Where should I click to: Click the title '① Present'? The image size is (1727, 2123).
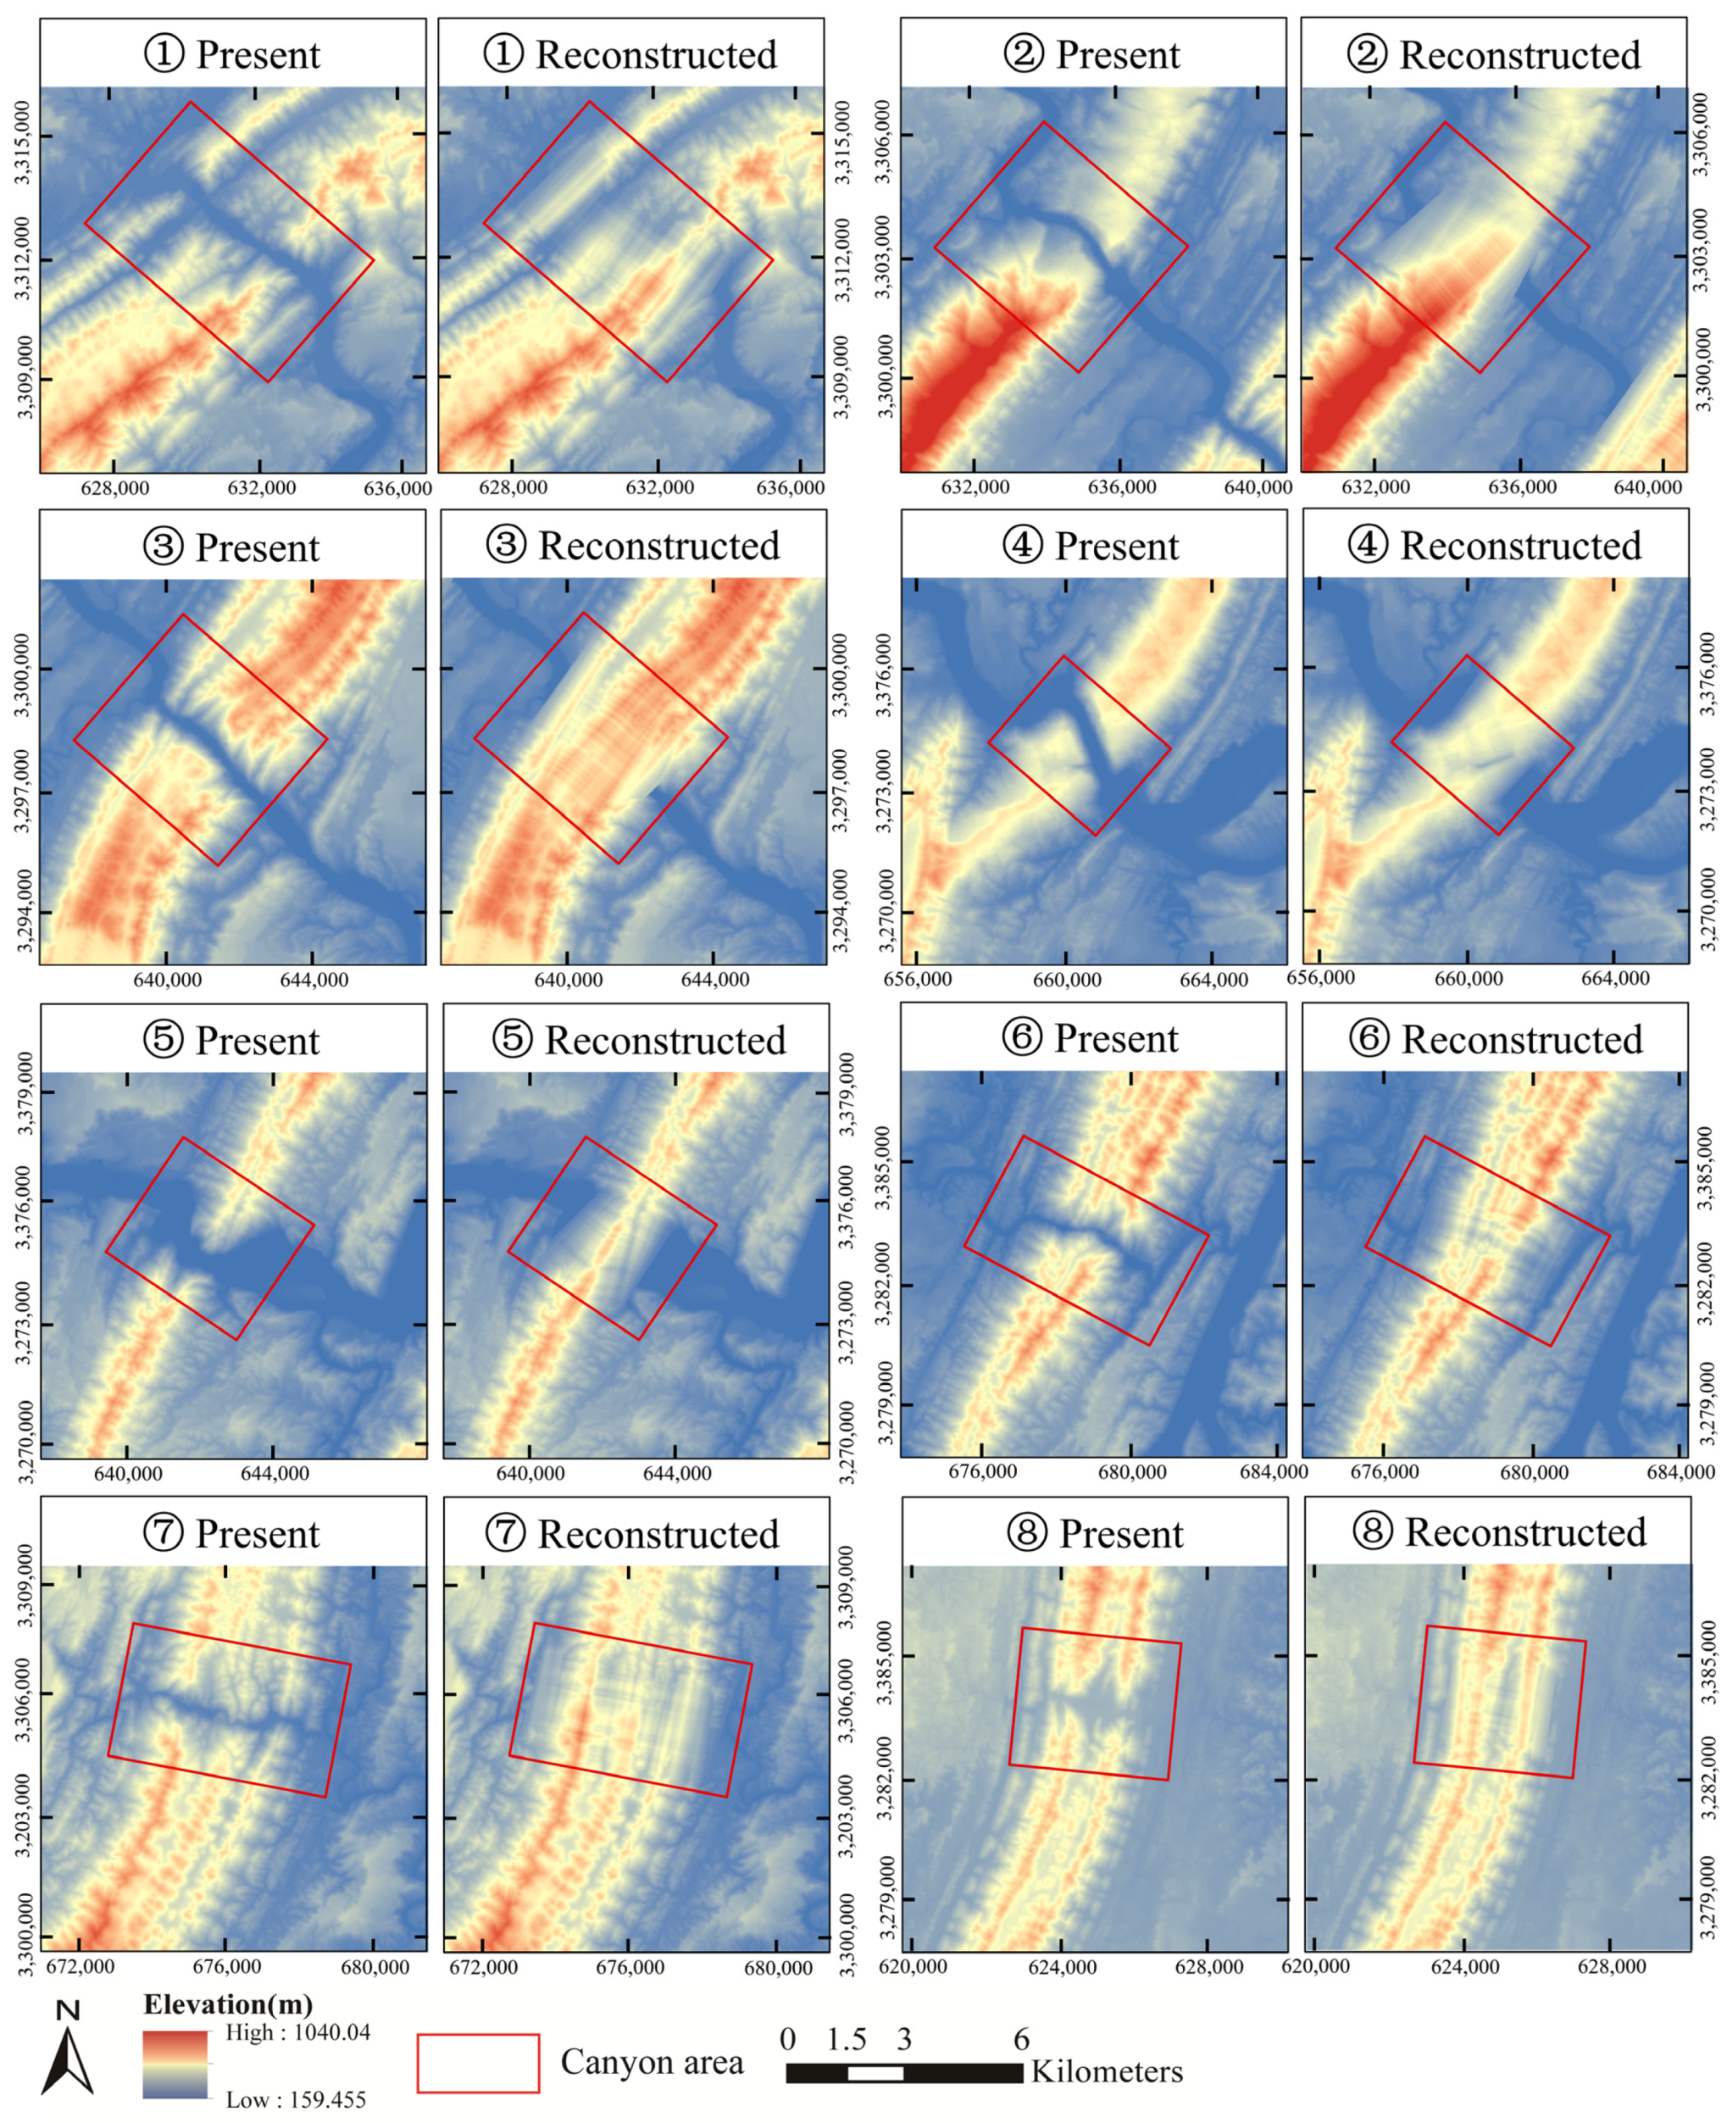point(233,55)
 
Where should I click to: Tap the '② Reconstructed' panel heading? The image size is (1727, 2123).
point(1493,56)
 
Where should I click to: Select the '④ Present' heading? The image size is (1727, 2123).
point(1092,546)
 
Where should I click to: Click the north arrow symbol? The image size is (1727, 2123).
point(68,2053)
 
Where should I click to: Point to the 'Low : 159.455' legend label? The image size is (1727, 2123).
point(296,2100)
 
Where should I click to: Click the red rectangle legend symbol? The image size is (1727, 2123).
point(478,2064)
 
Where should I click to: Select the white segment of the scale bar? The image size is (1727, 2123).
point(875,2073)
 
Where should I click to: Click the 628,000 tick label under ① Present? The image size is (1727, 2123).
point(115,487)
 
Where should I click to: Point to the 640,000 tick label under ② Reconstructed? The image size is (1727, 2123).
point(1646,487)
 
